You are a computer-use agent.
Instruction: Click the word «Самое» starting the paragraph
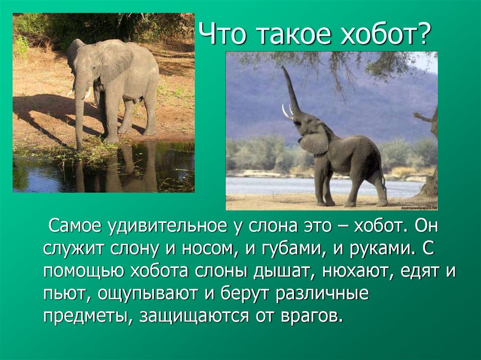click(x=75, y=227)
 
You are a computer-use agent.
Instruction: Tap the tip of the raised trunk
click(x=284, y=69)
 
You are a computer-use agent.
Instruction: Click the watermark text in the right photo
click(x=418, y=207)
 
